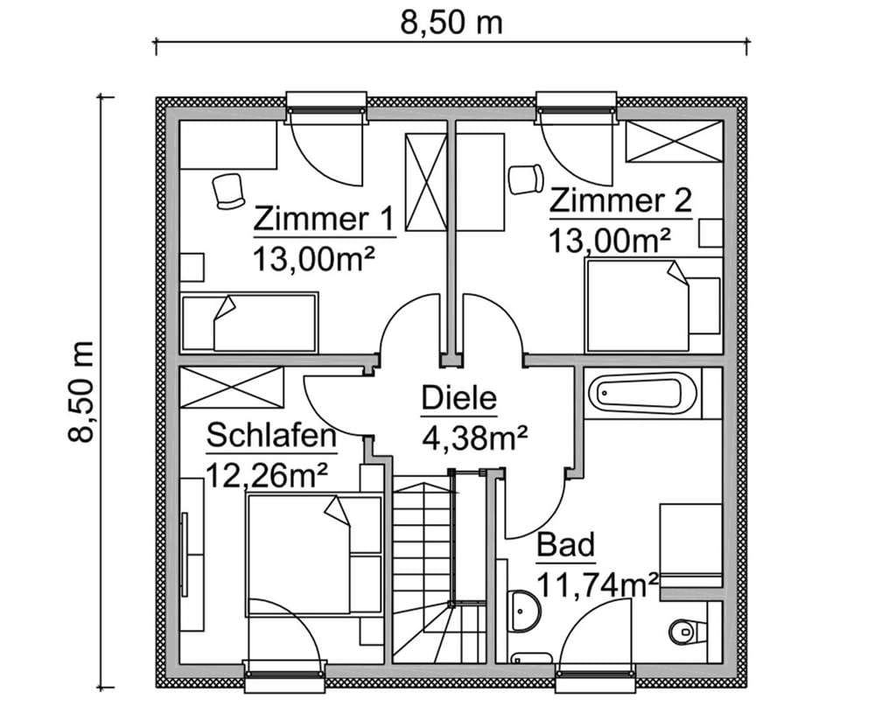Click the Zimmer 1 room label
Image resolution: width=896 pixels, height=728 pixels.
(x=324, y=219)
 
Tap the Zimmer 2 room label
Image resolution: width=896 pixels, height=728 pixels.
(x=620, y=202)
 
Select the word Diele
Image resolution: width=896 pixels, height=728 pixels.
(x=459, y=398)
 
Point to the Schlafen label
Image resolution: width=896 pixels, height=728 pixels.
(x=271, y=436)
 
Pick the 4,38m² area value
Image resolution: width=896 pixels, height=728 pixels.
(x=474, y=438)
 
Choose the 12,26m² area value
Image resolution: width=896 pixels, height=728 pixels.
(x=267, y=475)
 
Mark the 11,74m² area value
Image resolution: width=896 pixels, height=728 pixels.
(x=598, y=584)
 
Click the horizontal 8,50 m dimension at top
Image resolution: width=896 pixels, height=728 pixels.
(x=451, y=24)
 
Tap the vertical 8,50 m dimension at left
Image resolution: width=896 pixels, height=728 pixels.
(x=80, y=391)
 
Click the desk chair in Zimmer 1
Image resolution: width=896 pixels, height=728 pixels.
(x=228, y=192)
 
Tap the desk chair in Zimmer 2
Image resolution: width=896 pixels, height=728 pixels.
(x=526, y=178)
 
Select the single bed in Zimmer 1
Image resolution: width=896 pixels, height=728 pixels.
(x=249, y=322)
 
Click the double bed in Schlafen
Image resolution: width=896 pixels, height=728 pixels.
(x=314, y=554)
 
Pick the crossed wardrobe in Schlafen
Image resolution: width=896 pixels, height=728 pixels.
(x=232, y=388)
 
